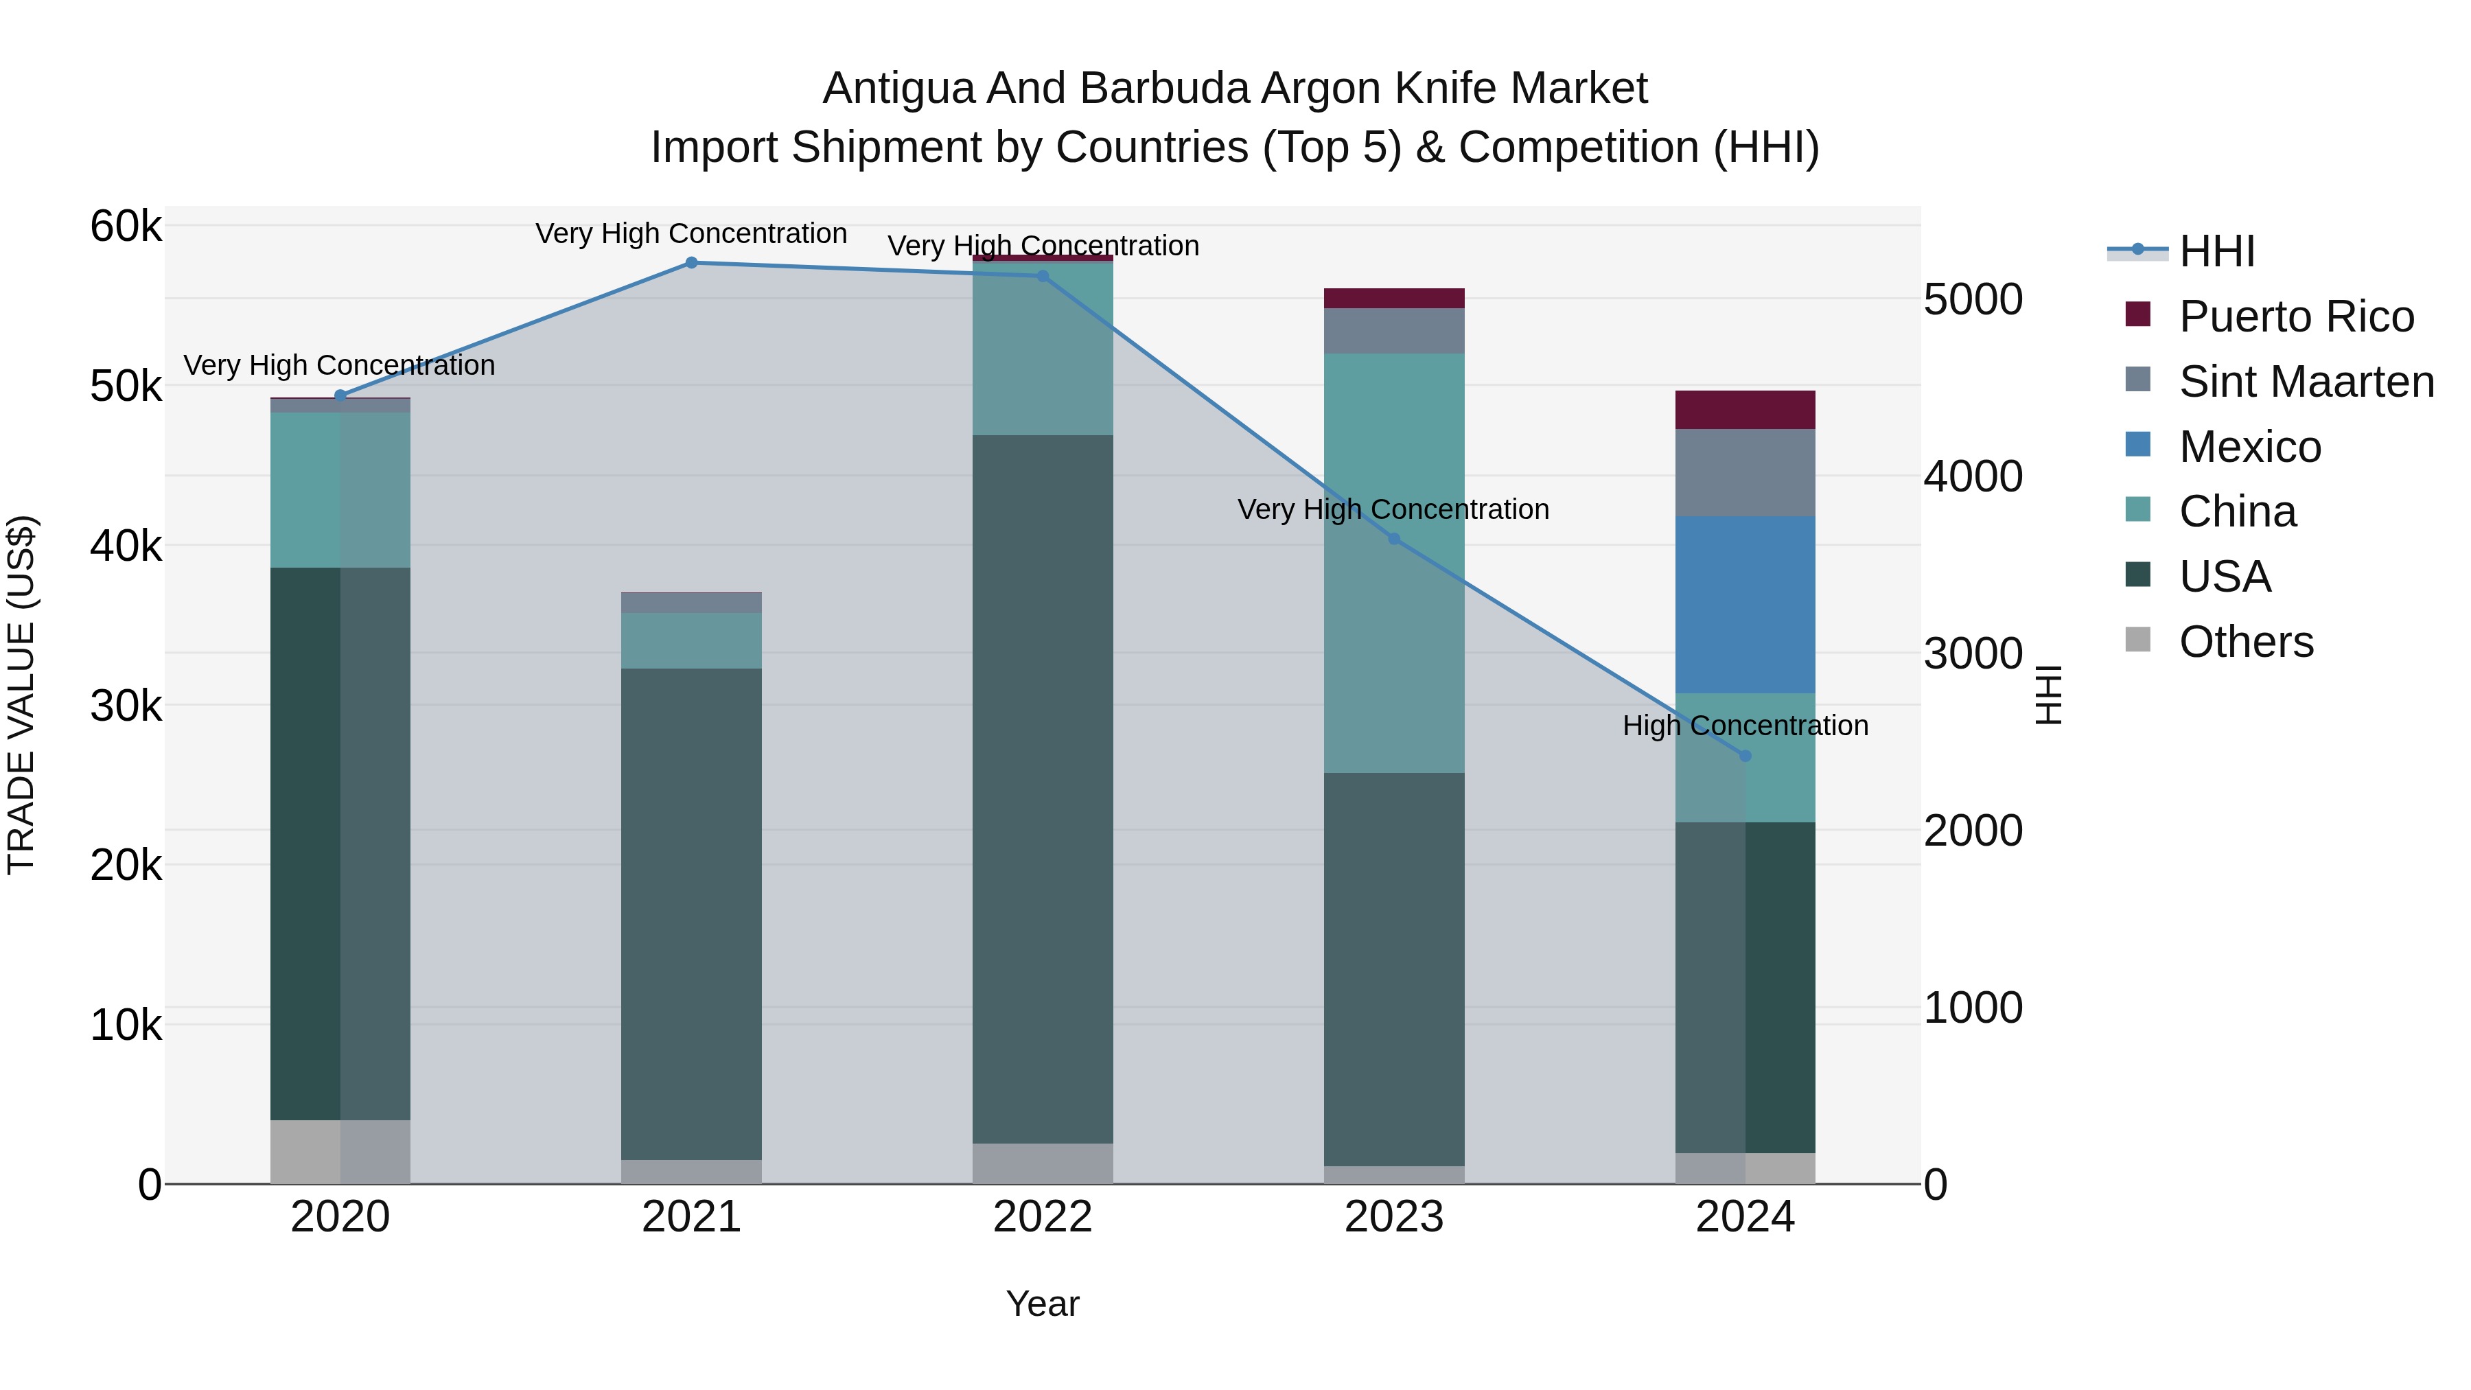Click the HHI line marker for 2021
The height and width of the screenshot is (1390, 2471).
tap(691, 262)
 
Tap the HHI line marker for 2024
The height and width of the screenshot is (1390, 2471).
tap(1745, 756)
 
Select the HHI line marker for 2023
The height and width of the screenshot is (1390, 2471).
tap(1394, 539)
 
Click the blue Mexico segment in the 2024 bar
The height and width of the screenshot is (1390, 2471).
tap(1745, 604)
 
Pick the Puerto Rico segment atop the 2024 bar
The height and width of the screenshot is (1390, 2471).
tap(1745, 410)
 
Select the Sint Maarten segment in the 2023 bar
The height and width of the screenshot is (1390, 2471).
tap(1394, 331)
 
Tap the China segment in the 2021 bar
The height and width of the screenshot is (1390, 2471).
tap(691, 640)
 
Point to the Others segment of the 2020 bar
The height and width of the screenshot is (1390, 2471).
tap(340, 1151)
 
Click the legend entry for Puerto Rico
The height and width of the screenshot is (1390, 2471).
tap(2295, 316)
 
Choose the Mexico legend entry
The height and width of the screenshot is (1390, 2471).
tap(2249, 447)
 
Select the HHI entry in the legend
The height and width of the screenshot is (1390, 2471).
tap(2216, 251)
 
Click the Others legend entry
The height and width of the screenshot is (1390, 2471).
tap(2246, 642)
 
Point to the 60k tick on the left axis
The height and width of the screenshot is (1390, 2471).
tap(126, 227)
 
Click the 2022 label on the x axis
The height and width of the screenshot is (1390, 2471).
tap(1043, 1217)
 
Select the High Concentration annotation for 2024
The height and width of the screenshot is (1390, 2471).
tap(1745, 726)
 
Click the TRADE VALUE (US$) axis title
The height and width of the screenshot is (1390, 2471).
tap(22, 695)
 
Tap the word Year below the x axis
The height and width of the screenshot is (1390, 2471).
tap(1043, 1304)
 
